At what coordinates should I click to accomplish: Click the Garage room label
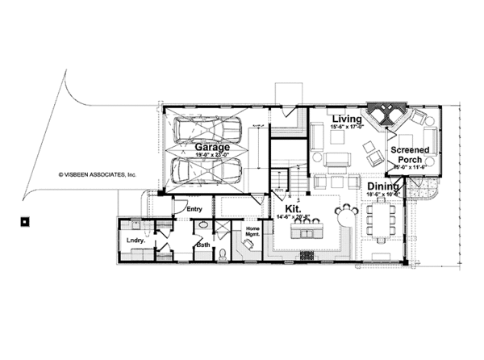point(212,148)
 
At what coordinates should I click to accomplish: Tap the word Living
point(348,119)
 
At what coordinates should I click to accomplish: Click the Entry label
point(194,210)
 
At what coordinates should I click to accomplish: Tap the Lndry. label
point(135,241)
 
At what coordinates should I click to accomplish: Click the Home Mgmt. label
point(252,233)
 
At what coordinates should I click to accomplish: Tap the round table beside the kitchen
point(347,215)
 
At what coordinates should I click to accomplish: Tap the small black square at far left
point(26,220)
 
